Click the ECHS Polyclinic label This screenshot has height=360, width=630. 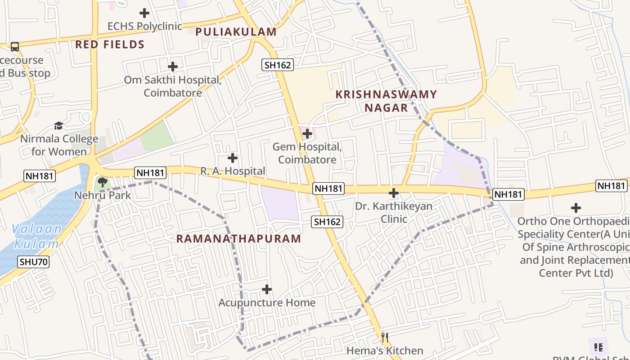pos(144,26)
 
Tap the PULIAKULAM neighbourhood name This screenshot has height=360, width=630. pos(236,32)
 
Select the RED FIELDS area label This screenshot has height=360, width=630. pos(110,45)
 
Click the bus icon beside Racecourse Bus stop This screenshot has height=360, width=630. pos(15,47)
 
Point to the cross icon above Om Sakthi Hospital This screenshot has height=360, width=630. pos(173,67)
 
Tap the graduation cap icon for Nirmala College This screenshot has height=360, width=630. pos(58,125)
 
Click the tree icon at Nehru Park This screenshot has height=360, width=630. pos(103,182)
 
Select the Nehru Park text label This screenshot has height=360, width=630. pos(103,195)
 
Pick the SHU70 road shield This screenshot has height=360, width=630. pos(34,262)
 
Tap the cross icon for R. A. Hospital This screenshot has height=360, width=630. pos(233,158)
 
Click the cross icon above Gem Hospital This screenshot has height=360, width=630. pos(307,134)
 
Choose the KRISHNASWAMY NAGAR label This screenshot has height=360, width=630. pos(386,101)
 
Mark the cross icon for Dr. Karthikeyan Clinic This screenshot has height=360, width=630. pos(394,193)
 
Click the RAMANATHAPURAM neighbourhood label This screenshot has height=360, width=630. pos(238,239)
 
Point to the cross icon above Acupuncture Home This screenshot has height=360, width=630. pos(267,289)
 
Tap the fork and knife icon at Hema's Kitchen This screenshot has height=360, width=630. pos(385,337)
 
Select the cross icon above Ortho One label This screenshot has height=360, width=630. pos(576,208)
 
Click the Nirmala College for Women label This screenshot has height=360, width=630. pos(59,145)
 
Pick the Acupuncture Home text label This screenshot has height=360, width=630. pos(267,303)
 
